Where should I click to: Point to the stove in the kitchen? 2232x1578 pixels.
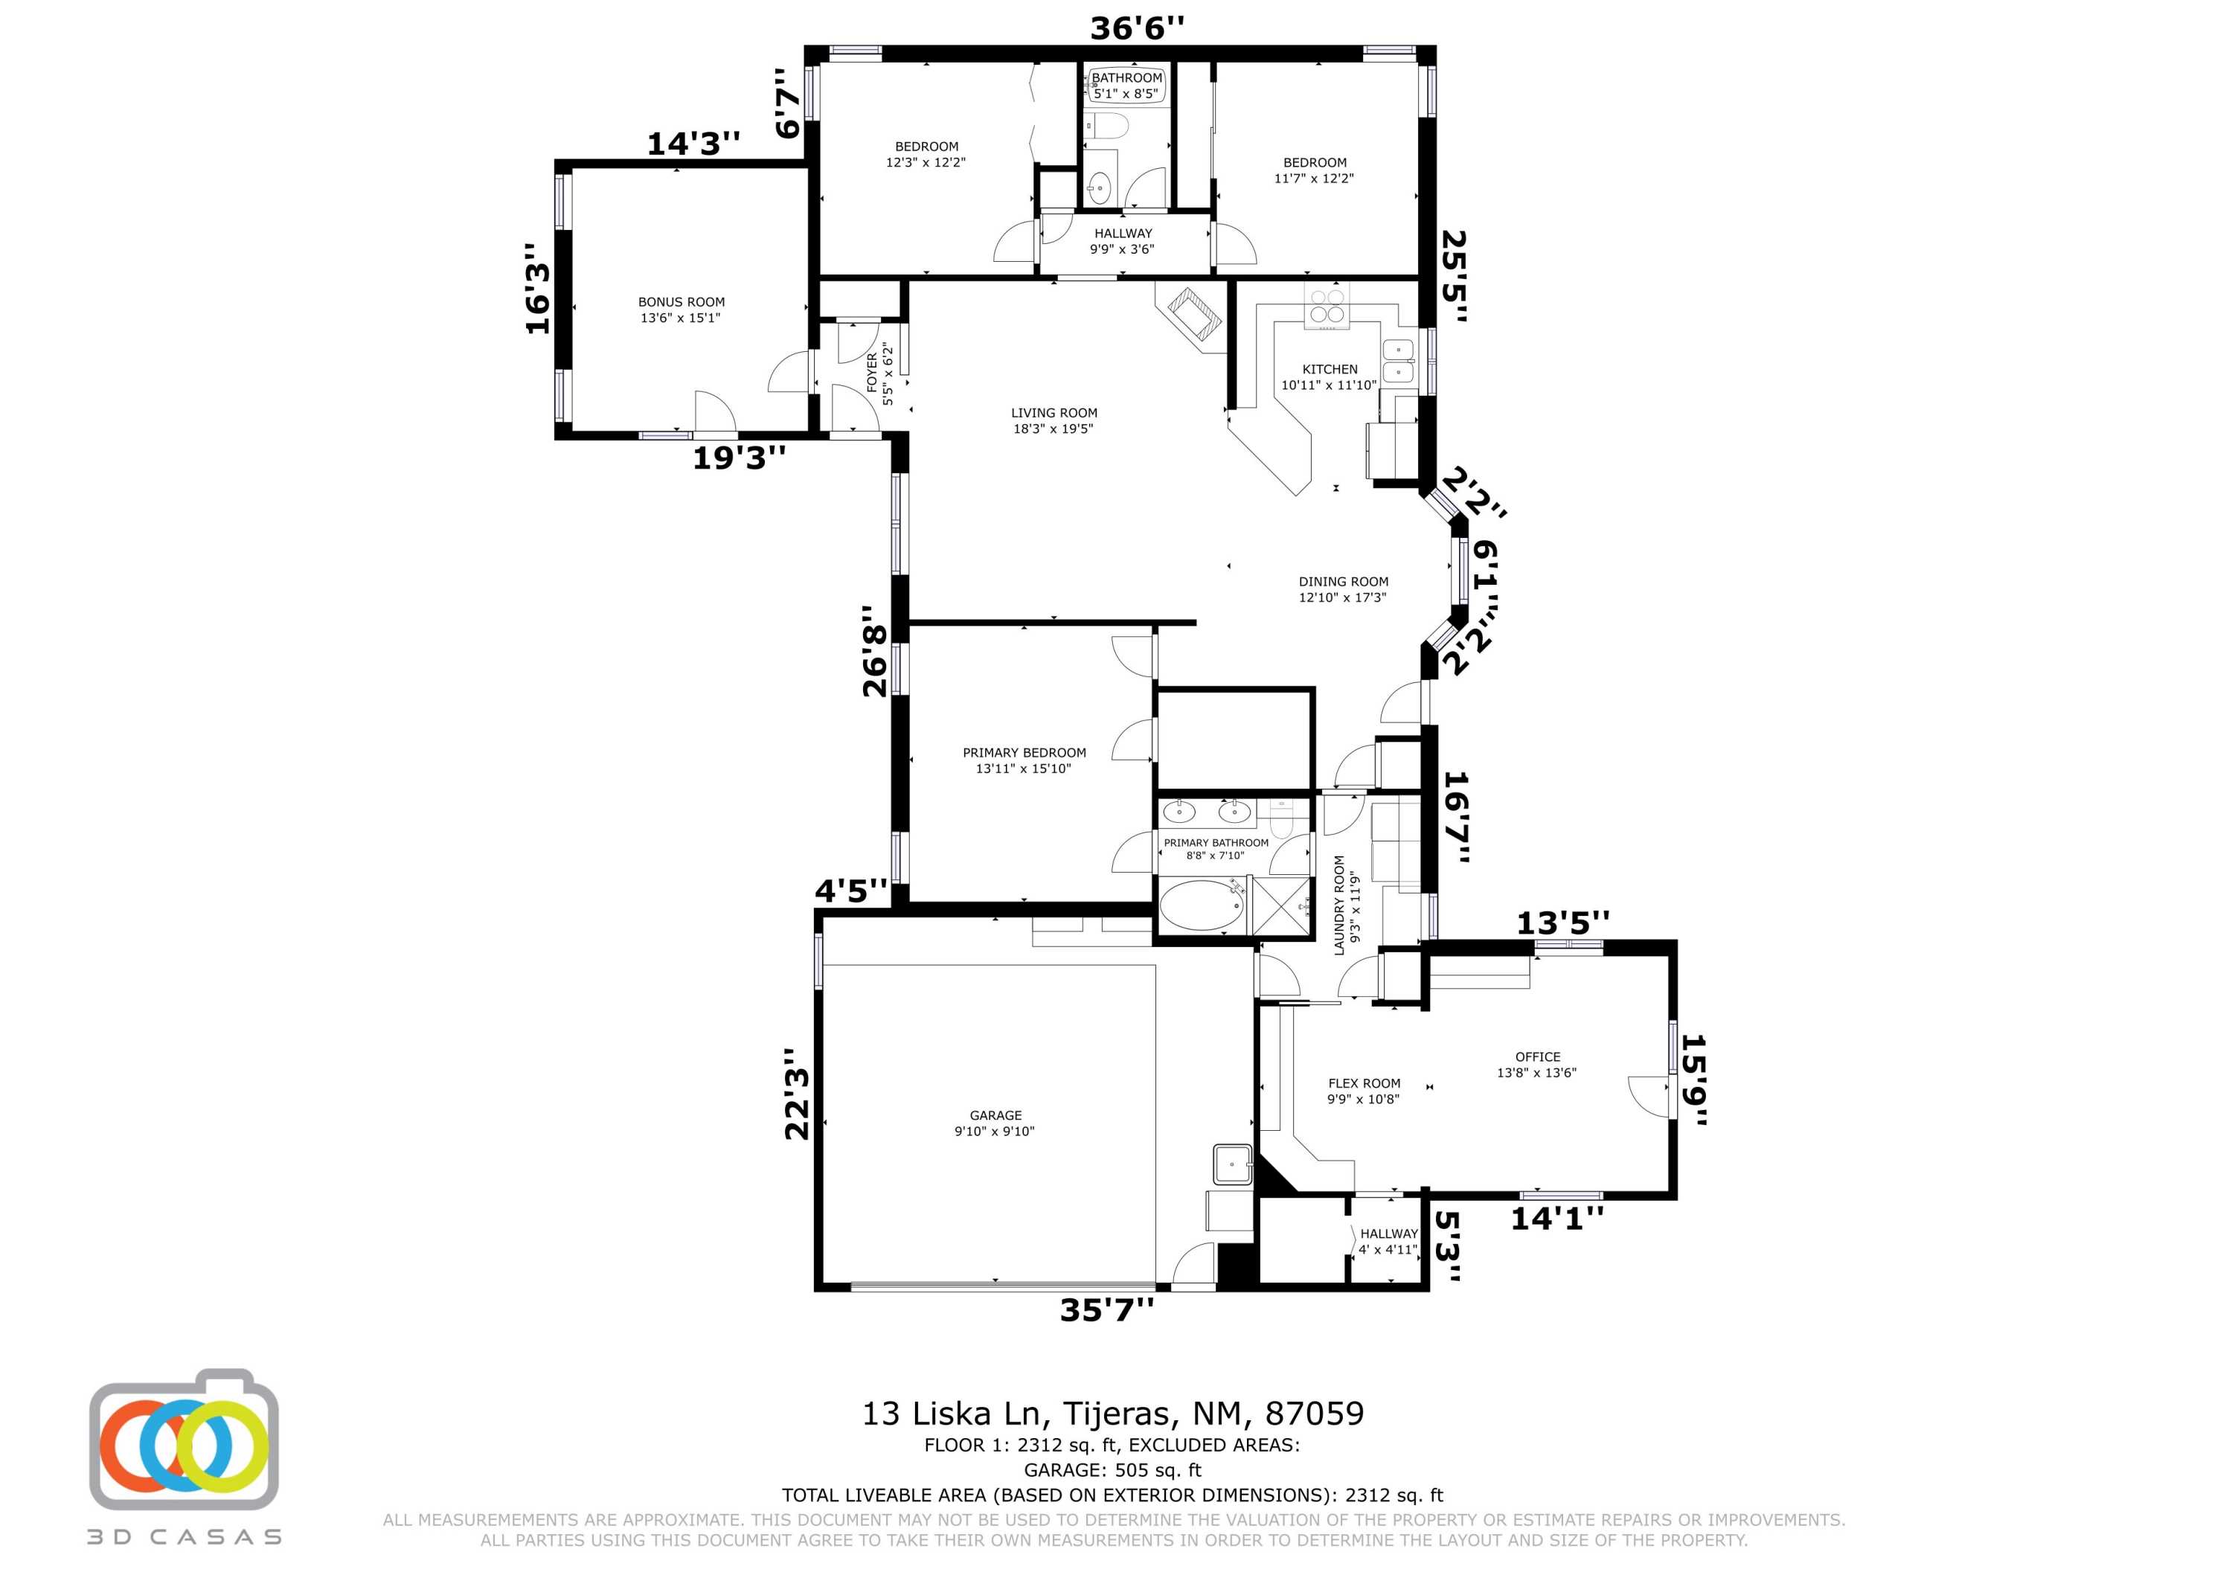tap(1327, 307)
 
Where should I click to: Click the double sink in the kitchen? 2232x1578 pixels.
tap(1398, 361)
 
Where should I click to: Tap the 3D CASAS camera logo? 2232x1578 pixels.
tap(185, 1442)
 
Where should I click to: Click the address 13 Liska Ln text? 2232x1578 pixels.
tap(1112, 1413)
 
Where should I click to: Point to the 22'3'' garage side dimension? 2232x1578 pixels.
tap(797, 1094)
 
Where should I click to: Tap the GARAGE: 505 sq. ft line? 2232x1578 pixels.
tap(1112, 1470)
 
